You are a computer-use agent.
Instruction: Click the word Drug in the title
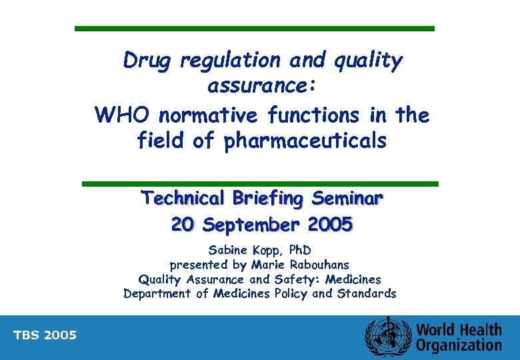147,61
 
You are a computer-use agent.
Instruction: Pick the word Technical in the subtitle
183,199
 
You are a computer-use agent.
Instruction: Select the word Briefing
267,199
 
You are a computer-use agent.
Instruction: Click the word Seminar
348,199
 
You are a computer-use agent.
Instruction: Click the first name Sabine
227,251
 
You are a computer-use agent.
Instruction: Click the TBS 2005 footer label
45,335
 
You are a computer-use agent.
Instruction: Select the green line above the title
254,29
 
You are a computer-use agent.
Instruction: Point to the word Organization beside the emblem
459,345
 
